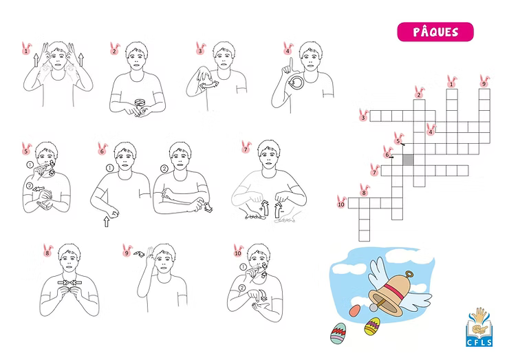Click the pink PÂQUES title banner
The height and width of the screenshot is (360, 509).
pos(435,32)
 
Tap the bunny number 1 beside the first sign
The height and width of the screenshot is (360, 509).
pos(27,49)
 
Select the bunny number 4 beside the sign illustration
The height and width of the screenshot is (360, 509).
pos(288,49)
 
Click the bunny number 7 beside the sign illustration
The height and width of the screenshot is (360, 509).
pos(246,147)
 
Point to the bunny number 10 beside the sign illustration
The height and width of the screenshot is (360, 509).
pos(238,251)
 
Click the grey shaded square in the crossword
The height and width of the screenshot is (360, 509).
pos(408,160)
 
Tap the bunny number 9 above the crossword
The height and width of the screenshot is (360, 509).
pos(484,81)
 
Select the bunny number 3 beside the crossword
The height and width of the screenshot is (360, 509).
pos(364,116)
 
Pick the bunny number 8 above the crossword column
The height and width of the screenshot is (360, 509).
pos(365,191)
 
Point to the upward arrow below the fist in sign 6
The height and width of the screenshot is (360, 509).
pos(106,222)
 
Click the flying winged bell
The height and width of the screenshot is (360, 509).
pos(397,290)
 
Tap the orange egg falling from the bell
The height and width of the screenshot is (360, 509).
pos(355,310)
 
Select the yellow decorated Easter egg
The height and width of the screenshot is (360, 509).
pos(372,326)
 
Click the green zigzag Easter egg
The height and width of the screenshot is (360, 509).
pos(338,333)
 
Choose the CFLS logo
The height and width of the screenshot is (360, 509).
pos(479,327)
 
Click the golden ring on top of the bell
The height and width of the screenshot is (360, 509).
pos(410,275)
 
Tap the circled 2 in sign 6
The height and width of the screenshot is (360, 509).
pos(164,169)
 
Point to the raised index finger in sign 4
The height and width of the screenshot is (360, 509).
pos(291,64)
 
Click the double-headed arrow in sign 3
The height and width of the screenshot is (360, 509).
pos(208,85)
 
